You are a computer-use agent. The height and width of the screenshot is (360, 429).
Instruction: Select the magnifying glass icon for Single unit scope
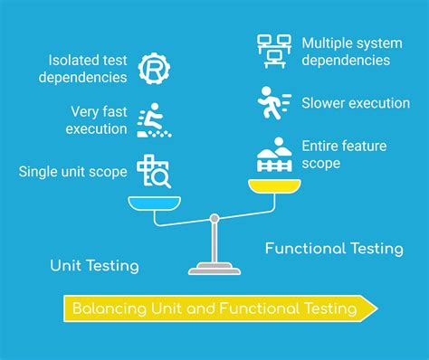pos(153,172)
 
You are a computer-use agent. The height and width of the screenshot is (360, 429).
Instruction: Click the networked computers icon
pos(272,52)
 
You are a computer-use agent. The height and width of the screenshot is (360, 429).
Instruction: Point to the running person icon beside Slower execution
pos(272,103)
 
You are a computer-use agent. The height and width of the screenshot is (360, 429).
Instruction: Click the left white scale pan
pos(155,203)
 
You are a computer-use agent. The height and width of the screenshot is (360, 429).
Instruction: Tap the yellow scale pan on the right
pos(274,186)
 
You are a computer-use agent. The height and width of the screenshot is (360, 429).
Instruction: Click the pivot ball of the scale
pos(214,217)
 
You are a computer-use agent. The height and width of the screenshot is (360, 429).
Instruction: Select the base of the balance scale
pos(214,269)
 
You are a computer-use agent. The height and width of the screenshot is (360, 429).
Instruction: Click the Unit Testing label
pos(94,266)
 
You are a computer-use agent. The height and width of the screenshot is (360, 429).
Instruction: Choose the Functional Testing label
pos(334,248)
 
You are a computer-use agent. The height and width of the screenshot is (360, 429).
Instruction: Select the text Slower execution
pos(355,103)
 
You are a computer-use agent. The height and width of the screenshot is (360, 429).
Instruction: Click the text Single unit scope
pos(72,172)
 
